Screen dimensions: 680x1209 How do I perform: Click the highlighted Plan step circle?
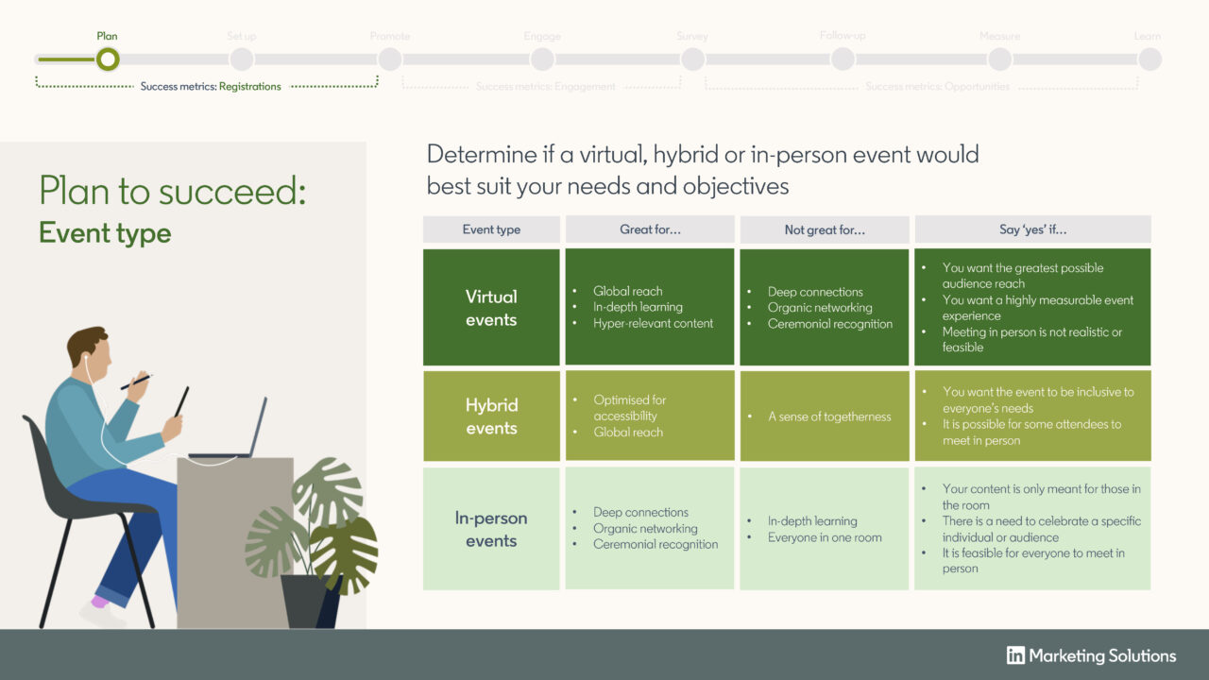[108, 59]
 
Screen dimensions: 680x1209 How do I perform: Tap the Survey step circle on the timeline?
[692, 59]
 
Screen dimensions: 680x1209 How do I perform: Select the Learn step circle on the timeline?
[1149, 59]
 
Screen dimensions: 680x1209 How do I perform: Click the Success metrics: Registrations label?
[211, 87]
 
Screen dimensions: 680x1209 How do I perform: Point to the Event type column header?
[491, 229]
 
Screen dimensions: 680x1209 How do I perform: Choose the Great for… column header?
[650, 229]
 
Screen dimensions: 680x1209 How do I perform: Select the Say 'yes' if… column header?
[1032, 229]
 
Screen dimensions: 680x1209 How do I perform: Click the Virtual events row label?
[491, 308]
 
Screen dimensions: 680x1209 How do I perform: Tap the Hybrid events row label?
[491, 416]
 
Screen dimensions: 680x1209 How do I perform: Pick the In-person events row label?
[491, 529]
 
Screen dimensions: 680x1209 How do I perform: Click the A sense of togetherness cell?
[829, 416]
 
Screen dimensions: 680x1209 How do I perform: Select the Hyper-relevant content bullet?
[653, 323]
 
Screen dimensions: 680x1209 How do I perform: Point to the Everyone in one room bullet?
[825, 537]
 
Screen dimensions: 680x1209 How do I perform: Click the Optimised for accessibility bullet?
[629, 408]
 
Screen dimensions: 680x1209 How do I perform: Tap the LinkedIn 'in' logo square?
[1015, 655]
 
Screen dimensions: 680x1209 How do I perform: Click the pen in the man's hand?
[135, 382]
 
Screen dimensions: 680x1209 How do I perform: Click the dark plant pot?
[310, 600]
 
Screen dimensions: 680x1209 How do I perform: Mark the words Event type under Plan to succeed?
[105, 233]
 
